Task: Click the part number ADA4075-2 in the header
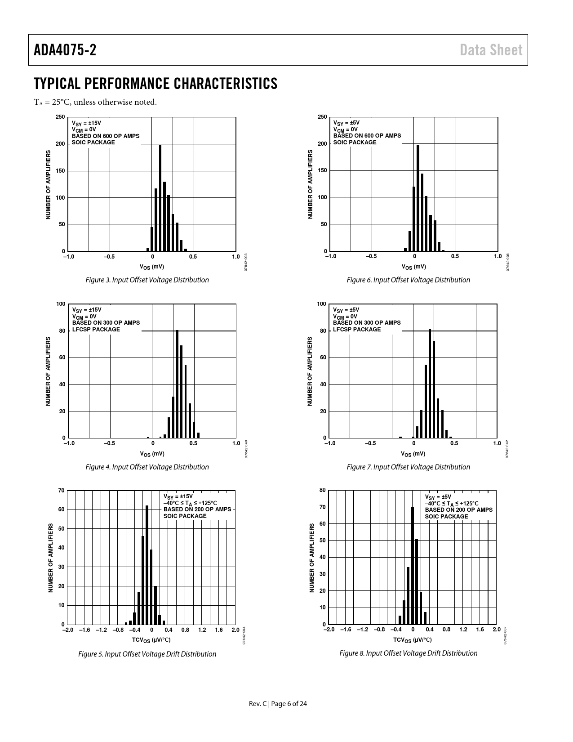(x=65, y=50)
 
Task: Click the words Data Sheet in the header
(x=491, y=50)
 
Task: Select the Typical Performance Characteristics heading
(x=155, y=84)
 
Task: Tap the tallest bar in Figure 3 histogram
(x=160, y=198)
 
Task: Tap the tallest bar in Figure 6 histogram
(x=418, y=198)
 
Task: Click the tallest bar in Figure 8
(x=413, y=565)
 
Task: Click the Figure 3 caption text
(x=147, y=280)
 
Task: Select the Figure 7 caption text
(x=408, y=467)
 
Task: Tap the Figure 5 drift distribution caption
(x=147, y=654)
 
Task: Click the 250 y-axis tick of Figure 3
(x=60, y=117)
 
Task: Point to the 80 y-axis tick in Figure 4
(x=61, y=331)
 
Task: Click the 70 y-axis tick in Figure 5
(x=61, y=490)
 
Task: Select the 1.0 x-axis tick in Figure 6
(x=497, y=256)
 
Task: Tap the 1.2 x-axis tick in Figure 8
(x=463, y=630)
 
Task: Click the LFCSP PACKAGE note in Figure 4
(x=96, y=329)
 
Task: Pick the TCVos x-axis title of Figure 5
(x=151, y=639)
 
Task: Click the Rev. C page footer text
(x=278, y=704)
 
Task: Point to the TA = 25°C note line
(x=95, y=102)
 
